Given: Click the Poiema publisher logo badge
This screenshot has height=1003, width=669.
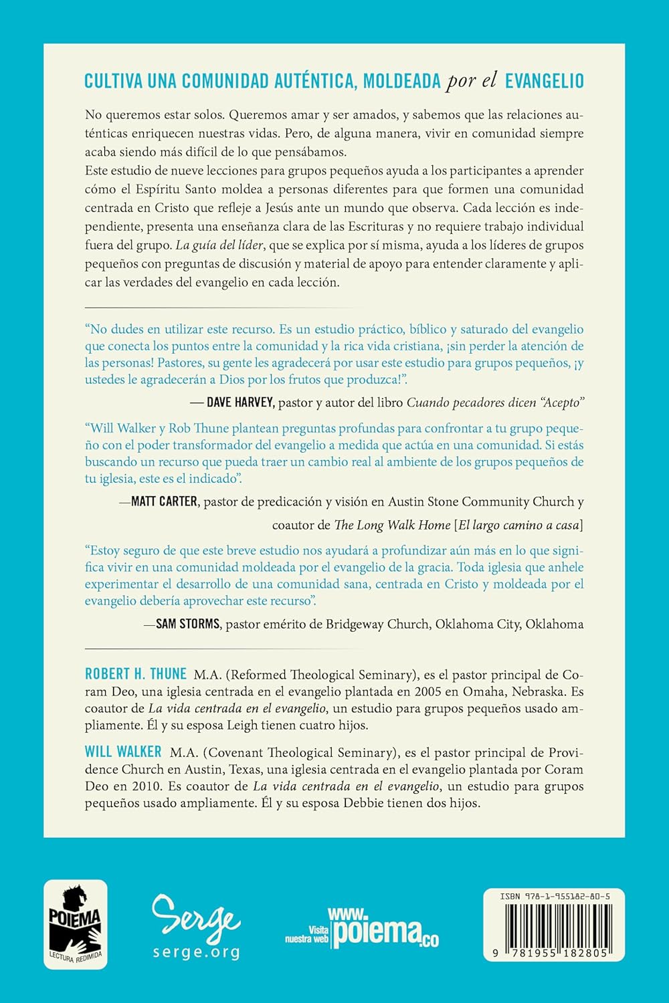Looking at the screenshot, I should (76, 925).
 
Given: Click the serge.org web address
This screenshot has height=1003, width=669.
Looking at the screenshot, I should (196, 952).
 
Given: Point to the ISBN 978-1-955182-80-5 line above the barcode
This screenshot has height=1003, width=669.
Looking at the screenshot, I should (553, 896).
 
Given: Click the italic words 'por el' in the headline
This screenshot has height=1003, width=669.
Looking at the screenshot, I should (472, 81).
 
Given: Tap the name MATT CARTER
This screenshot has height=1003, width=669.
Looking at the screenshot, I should (164, 501).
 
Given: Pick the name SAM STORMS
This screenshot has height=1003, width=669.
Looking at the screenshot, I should (187, 624).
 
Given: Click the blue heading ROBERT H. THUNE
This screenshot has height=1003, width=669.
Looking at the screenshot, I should (136, 674).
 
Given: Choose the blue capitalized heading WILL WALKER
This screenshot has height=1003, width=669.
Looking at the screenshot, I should (123, 752).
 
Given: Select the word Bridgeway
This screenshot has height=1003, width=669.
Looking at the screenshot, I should (357, 625).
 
